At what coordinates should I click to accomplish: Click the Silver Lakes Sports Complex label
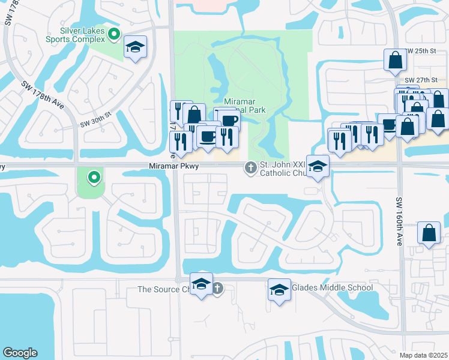pyautogui.click(x=82, y=35)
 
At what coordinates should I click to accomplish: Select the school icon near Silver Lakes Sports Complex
pyautogui.click(x=136, y=48)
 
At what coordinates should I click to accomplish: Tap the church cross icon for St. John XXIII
pyautogui.click(x=250, y=169)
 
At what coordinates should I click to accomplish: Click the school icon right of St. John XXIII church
pyautogui.click(x=318, y=167)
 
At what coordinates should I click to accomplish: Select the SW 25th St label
pyautogui.click(x=420, y=52)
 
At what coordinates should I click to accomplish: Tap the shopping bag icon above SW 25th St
pyautogui.click(x=396, y=60)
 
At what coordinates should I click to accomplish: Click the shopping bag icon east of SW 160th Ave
pyautogui.click(x=429, y=233)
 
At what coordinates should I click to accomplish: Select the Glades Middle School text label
pyautogui.click(x=332, y=287)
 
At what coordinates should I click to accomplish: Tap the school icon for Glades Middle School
pyautogui.click(x=279, y=290)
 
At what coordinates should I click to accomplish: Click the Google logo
pyautogui.click(x=20, y=353)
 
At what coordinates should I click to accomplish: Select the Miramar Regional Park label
pyautogui.click(x=244, y=106)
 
